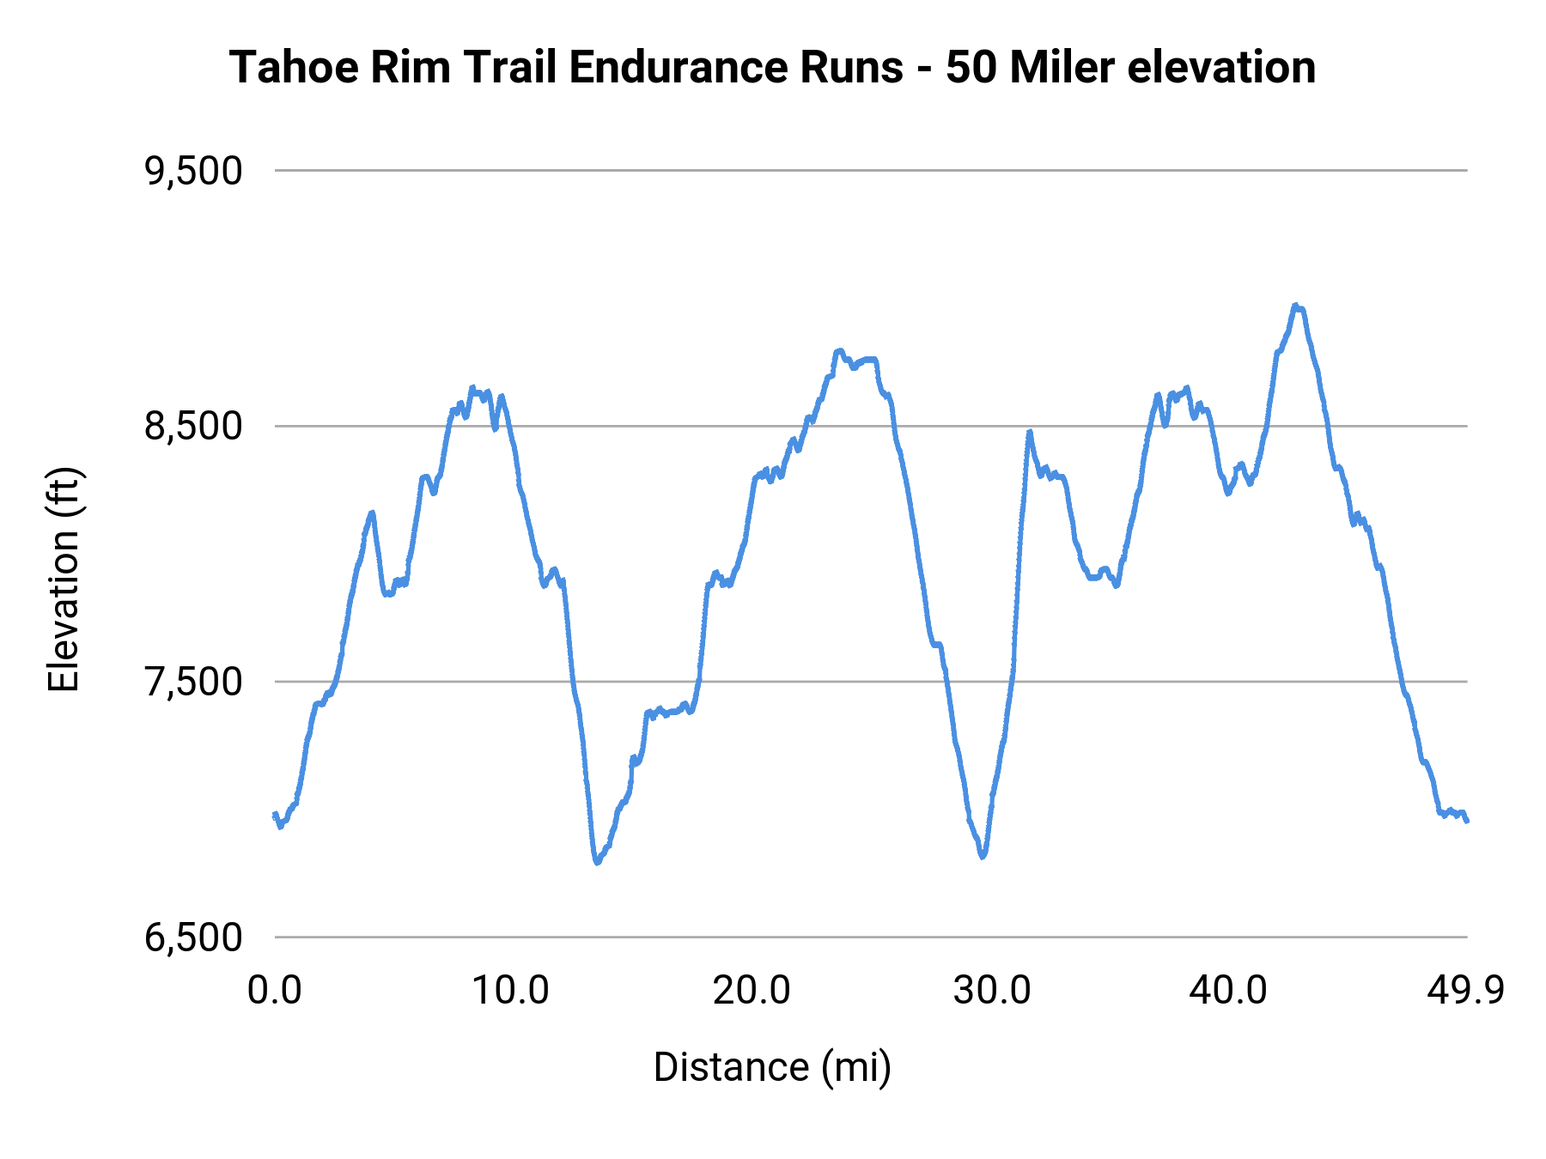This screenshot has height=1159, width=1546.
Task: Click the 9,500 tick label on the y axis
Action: [193, 171]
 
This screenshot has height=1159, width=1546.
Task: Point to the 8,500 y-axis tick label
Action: [193, 427]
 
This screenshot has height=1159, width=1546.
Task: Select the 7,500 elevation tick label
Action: [193, 683]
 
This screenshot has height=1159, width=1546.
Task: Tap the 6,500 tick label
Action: [193, 938]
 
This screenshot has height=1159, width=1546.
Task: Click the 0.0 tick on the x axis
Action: [275, 991]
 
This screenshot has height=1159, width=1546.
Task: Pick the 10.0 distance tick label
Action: [511, 991]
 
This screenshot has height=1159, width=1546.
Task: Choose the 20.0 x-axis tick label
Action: [752, 991]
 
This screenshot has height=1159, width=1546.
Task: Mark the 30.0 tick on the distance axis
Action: [991, 991]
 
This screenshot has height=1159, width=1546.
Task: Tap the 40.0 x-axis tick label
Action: [1228, 991]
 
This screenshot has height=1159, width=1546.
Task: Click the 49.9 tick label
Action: [1465, 991]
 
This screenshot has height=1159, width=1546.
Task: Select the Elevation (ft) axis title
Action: [64, 579]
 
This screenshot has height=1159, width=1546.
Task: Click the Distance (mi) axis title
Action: [772, 1067]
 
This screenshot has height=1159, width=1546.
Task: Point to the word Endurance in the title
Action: [736, 68]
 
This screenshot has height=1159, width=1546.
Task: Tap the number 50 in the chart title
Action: [972, 68]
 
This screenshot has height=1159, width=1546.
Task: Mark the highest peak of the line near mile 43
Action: [1295, 306]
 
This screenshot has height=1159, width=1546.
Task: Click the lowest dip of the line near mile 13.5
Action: [597, 862]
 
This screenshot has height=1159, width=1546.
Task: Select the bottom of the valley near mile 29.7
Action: [983, 856]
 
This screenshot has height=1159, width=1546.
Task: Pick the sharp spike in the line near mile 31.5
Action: [1029, 432]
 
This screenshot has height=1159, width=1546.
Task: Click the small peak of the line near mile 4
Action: [372, 513]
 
